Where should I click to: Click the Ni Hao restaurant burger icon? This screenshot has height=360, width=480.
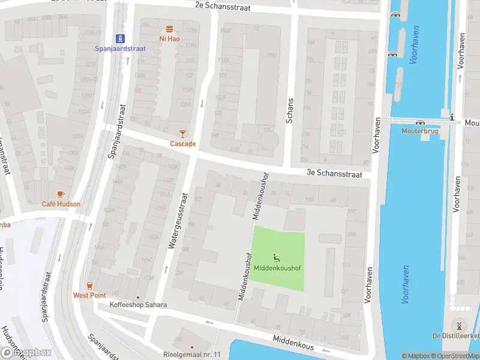(x=170, y=29)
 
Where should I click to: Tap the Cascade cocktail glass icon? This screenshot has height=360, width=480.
(x=183, y=134)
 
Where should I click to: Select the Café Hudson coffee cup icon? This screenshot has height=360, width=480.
(x=60, y=194)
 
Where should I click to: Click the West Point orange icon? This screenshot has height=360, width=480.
(x=89, y=285)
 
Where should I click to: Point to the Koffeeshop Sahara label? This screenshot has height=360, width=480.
(x=138, y=305)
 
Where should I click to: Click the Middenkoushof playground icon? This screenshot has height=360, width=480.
(x=276, y=258)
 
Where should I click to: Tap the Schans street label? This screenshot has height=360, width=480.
(x=290, y=110)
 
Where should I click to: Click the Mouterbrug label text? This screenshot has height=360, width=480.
(x=420, y=130)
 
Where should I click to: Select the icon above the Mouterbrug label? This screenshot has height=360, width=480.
(x=419, y=122)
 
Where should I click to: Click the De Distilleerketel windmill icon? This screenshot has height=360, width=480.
(x=458, y=325)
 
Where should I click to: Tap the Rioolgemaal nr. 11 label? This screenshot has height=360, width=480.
(x=192, y=355)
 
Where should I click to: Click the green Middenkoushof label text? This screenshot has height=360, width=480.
(x=277, y=268)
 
